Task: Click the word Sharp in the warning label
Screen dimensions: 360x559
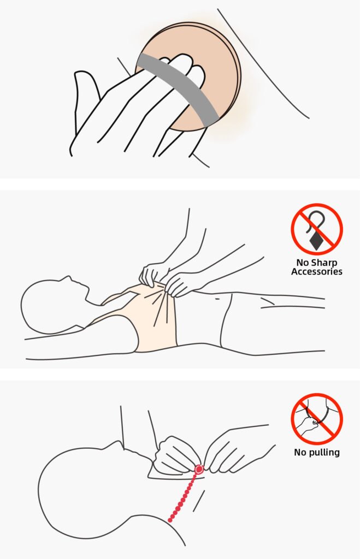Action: (323, 263)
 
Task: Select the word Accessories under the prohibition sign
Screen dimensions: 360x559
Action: (316, 272)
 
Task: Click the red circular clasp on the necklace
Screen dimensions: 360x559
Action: (199, 469)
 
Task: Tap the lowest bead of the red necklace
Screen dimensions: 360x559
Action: (170, 520)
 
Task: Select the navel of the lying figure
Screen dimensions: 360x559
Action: (217, 299)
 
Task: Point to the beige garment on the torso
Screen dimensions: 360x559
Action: (146, 321)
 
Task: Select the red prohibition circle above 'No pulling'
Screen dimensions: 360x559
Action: (317, 419)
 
